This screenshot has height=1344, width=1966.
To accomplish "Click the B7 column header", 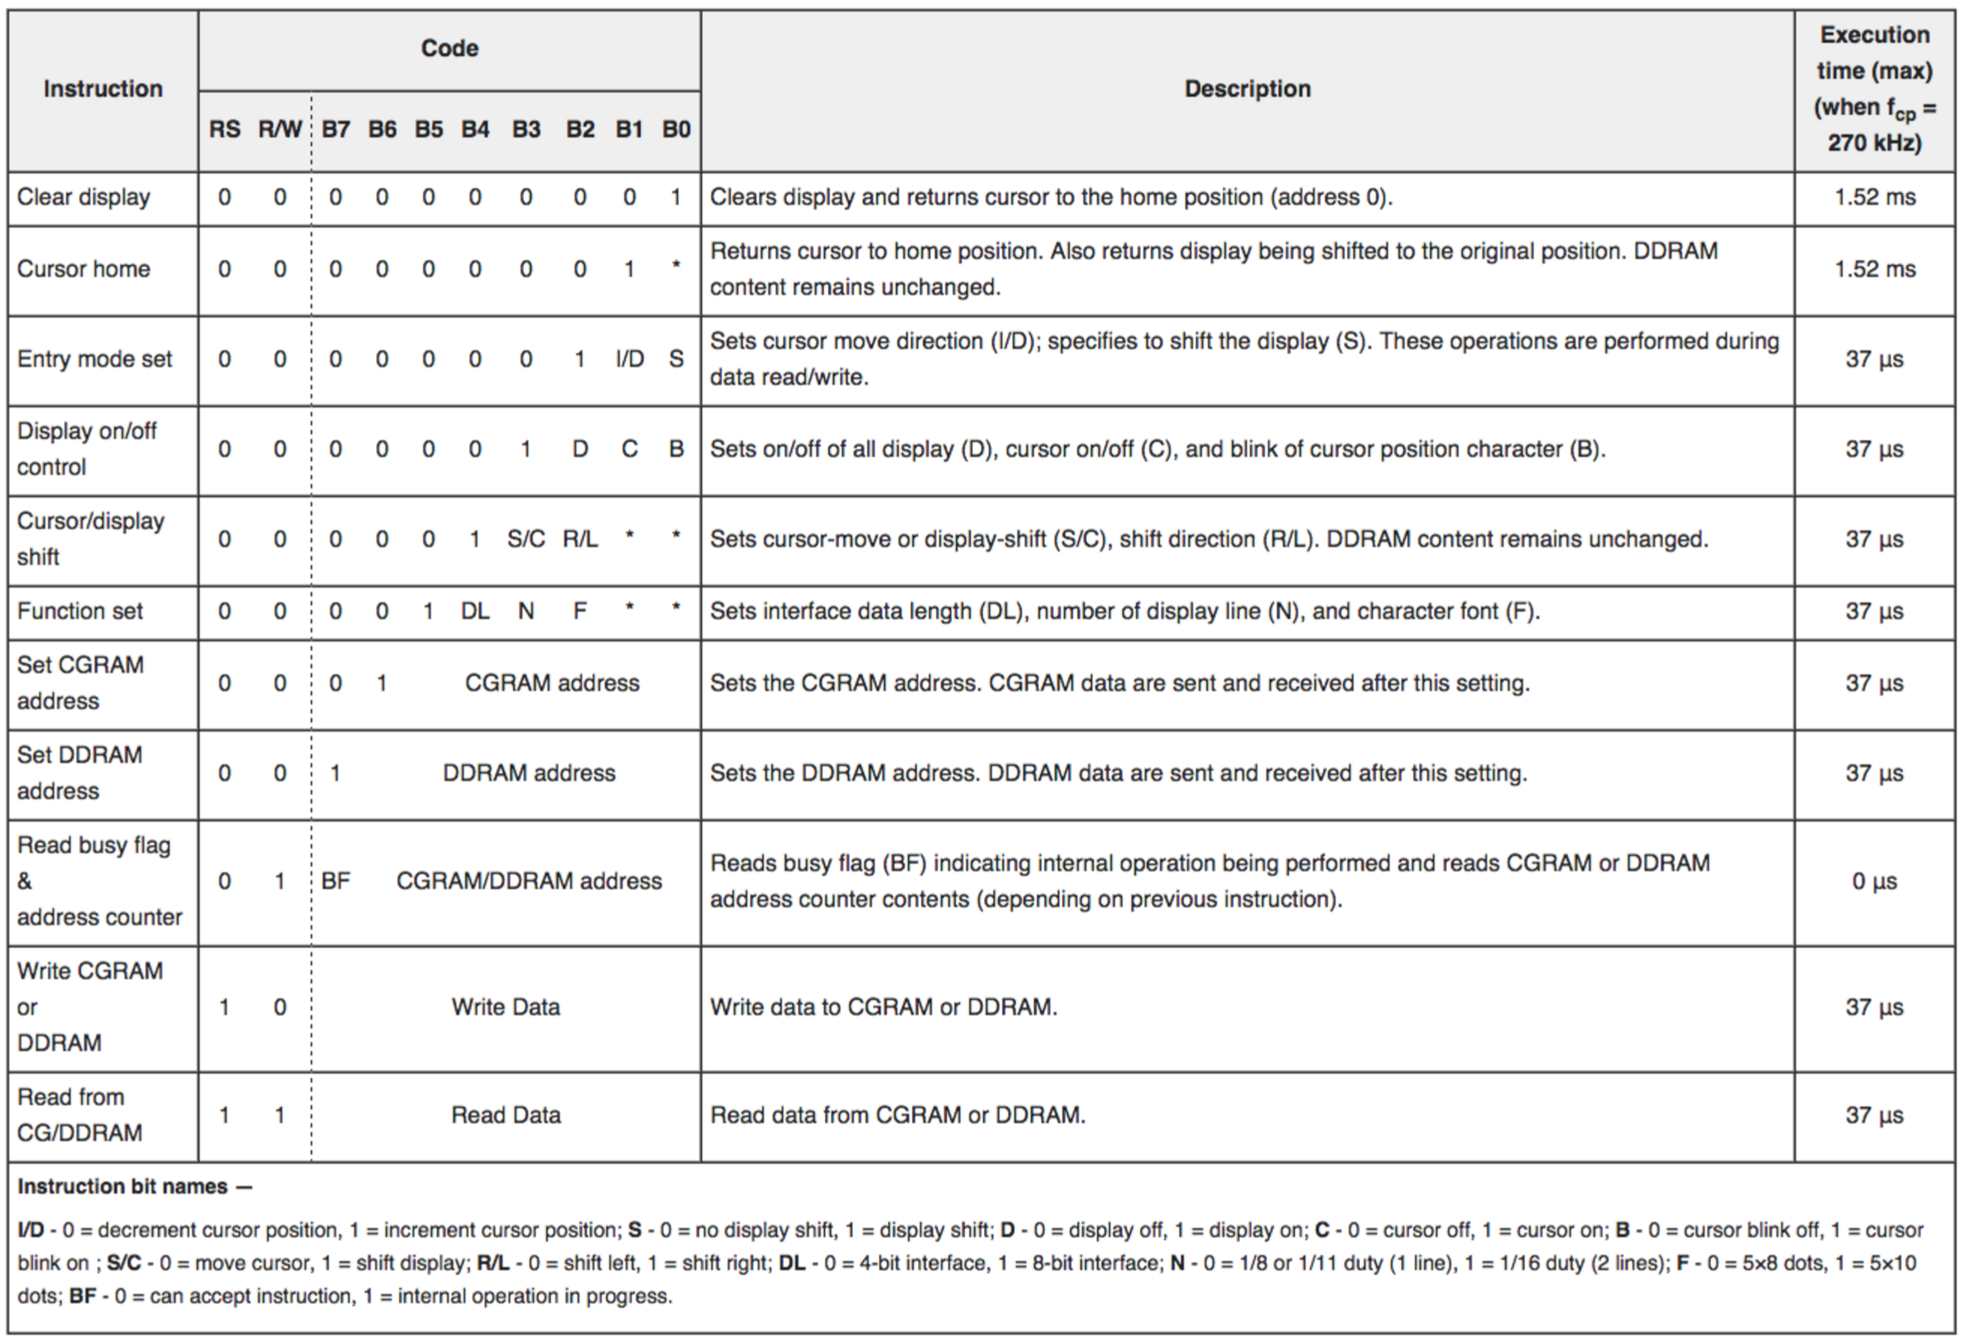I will click(335, 129).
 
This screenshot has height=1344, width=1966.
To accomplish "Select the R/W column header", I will click(280, 129).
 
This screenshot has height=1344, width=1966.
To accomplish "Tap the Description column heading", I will click(1247, 89).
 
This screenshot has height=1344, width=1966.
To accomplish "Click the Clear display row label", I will click(84, 197).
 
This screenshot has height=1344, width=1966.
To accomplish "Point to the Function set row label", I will click(80, 610).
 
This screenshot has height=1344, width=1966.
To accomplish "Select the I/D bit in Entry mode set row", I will click(630, 358).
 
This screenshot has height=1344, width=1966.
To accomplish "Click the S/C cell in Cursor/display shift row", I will click(526, 538).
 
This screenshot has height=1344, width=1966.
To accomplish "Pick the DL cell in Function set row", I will click(474, 610).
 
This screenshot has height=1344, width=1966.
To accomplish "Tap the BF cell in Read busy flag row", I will click(335, 881).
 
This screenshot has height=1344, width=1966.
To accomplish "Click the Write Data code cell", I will click(506, 1007).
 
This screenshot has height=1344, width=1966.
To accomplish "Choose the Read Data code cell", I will click(506, 1115).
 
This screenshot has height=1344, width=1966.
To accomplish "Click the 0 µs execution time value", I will click(1874, 881).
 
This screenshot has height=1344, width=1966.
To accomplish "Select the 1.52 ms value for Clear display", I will click(1874, 197).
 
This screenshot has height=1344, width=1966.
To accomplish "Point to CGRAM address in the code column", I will click(552, 683).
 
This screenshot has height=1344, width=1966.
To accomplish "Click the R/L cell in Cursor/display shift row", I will click(581, 538).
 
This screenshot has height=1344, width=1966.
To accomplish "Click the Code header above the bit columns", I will click(449, 48).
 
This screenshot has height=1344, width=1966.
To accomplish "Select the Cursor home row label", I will click(84, 269).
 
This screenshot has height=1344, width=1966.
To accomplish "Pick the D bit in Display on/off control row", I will click(580, 448).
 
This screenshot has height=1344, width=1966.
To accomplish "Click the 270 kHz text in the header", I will click(1874, 143).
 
